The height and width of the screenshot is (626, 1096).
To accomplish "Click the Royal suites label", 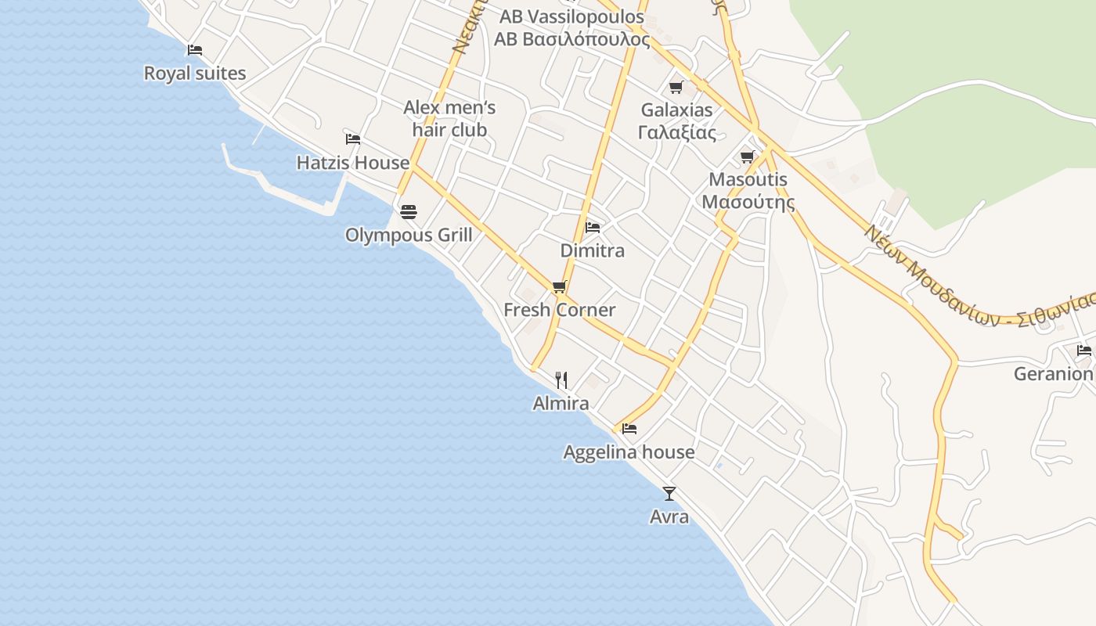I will tap(195, 74).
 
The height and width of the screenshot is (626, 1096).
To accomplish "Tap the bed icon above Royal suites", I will tap(195, 50).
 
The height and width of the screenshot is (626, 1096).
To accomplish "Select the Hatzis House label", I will tap(353, 163).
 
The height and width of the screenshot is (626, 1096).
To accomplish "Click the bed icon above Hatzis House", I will tap(353, 139).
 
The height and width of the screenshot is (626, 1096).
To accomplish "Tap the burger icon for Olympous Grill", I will tap(408, 211).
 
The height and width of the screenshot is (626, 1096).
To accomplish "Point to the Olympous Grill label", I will tap(409, 235).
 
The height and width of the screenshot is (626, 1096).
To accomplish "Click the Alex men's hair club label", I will tap(449, 118).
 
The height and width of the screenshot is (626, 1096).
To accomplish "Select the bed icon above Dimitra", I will tap(593, 228).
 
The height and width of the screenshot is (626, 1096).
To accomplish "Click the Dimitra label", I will tap(593, 250).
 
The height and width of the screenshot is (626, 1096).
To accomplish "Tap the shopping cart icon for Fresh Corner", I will tap(559, 286).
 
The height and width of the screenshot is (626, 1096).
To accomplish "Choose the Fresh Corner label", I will tap(560, 310).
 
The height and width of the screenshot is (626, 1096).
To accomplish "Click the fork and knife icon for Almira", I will tap(561, 380).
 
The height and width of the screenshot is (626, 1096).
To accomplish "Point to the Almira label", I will tap(561, 404).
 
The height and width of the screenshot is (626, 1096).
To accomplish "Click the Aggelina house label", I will tap(629, 452).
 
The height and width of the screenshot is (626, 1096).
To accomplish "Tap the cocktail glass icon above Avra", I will tap(669, 493).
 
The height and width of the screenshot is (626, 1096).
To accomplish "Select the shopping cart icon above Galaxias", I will tap(676, 87).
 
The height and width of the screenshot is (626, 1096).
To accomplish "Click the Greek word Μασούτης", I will tap(748, 203).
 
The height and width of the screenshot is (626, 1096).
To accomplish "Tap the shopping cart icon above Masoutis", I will tap(748, 156).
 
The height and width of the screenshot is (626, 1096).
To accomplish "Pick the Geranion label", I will tap(1053, 374).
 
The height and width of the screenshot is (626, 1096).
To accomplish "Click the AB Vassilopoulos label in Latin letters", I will tap(572, 17).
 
